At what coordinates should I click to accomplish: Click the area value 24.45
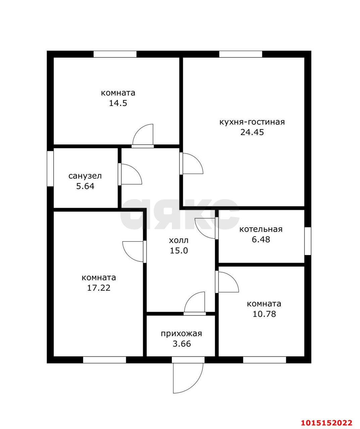click(x=252, y=132)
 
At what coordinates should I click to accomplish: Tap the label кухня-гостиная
click(x=252, y=122)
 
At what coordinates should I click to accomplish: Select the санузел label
click(x=85, y=176)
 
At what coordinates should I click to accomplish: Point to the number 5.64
click(x=85, y=186)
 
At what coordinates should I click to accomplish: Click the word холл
click(x=178, y=240)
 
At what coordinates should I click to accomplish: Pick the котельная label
click(x=261, y=229)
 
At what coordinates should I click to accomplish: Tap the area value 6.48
click(x=261, y=239)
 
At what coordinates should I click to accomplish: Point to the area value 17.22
click(x=99, y=288)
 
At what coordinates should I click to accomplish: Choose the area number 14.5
click(x=118, y=103)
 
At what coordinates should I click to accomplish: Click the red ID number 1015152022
click(x=327, y=421)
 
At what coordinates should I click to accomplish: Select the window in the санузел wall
click(x=50, y=169)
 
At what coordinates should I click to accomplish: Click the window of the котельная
click(x=308, y=241)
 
